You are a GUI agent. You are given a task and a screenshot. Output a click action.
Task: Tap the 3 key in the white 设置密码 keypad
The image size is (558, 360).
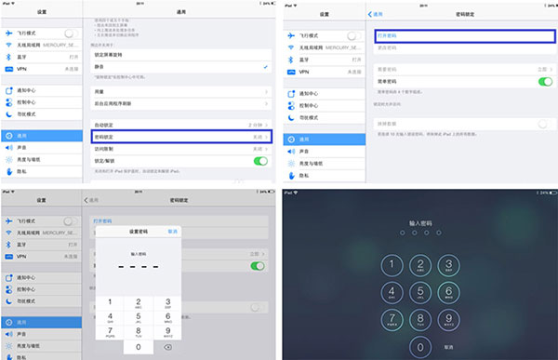coord(166,302)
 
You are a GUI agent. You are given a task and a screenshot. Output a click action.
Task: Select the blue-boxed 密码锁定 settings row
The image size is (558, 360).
coord(181,136)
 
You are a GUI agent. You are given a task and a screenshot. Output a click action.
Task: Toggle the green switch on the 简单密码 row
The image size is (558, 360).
coord(545,82)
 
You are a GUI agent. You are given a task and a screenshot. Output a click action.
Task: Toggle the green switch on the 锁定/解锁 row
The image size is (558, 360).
coord(261,161)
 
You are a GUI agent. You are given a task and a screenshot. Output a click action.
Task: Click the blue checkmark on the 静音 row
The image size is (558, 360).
coord(266,68)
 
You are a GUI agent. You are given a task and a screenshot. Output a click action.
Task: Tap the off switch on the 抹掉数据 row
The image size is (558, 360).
coord(545,123)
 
